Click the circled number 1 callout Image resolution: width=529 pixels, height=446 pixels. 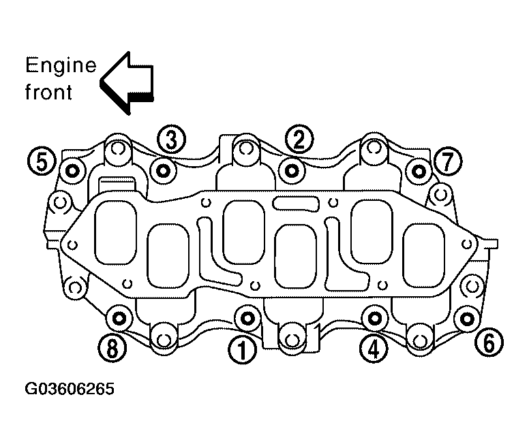pos(242,350)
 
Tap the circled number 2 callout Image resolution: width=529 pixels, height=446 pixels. pos(299,140)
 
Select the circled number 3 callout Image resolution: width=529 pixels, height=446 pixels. pos(171,140)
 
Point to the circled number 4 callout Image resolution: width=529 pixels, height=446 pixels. pos(374,349)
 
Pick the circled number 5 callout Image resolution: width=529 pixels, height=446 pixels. pos(42,161)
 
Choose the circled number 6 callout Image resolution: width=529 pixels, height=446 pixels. pos(489,343)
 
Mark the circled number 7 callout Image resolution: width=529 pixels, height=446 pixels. pos(448,161)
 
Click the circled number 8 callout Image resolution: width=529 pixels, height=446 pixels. pos(112,348)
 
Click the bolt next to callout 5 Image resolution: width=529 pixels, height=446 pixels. pos(72,171)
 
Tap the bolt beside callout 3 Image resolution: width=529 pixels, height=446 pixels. pos(163,171)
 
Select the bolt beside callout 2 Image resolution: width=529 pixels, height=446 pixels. pos(292,171)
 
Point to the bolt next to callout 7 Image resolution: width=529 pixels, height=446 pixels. pos(419,172)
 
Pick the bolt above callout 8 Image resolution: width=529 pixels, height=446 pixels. pos(119,318)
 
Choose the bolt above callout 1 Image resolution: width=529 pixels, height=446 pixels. pos(248,318)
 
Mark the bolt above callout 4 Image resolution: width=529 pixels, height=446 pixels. pos(374,318)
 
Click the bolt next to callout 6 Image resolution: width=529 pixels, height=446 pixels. pos(467,318)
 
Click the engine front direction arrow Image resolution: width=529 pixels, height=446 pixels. pos(127,83)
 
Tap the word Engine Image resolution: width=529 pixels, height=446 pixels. pos(61,66)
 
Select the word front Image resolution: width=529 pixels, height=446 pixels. pos(48,91)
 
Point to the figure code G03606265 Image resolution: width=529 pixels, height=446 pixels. pos(70,389)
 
